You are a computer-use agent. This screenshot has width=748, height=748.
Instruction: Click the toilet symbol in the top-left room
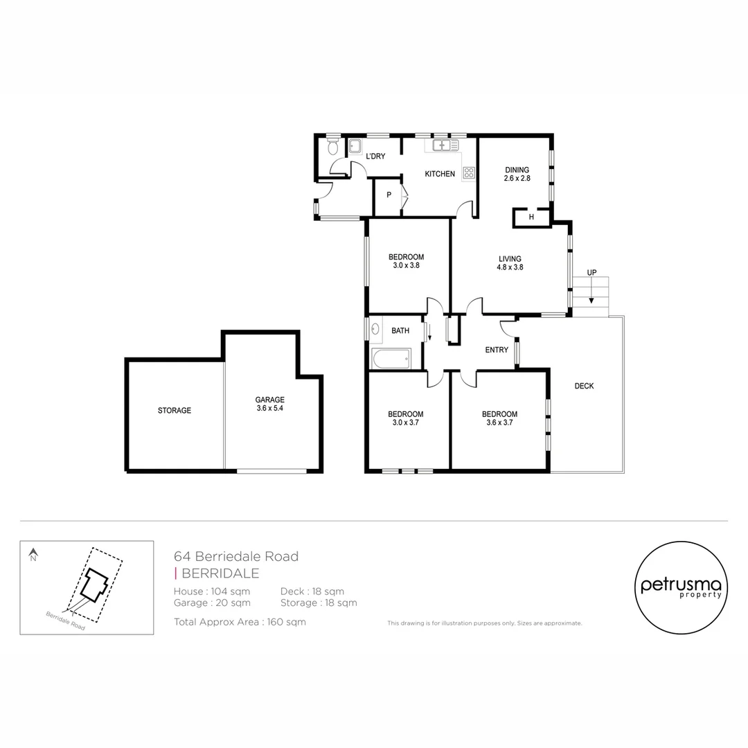pyautogui.click(x=332, y=146)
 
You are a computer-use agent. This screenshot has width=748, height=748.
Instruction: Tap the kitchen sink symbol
pyautogui.click(x=441, y=145)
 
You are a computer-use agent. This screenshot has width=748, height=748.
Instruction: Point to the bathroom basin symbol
pyautogui.click(x=375, y=330)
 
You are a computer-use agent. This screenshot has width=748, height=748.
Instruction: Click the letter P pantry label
pyautogui.click(x=389, y=195)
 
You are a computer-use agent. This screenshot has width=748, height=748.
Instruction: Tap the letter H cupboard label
pyautogui.click(x=531, y=217)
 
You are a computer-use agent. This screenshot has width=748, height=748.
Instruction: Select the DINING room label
pyautogui.click(x=517, y=170)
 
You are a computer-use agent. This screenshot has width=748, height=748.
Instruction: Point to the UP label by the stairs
pyautogui.click(x=591, y=272)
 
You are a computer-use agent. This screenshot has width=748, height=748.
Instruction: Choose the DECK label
pyautogui.click(x=584, y=386)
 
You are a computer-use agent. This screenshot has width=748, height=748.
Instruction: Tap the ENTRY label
pyautogui.click(x=497, y=350)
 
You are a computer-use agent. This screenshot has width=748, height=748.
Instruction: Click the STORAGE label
pyautogui.click(x=174, y=411)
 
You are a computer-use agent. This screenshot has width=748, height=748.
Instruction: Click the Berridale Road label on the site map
pyautogui.click(x=65, y=621)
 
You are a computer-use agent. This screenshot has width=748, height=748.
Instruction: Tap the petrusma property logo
pyautogui.click(x=681, y=587)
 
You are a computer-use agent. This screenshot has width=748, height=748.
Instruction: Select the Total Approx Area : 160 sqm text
pyautogui.click(x=240, y=622)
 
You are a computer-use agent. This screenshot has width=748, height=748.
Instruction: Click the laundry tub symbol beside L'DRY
pyautogui.click(x=355, y=145)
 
